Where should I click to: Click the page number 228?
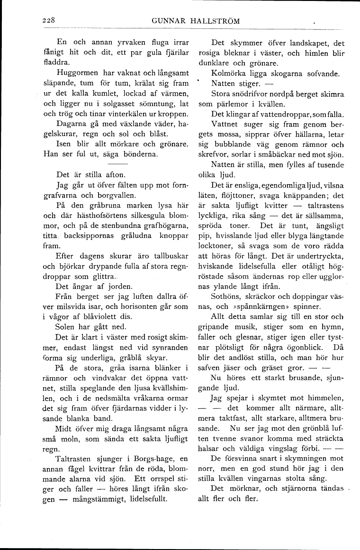(49, 20)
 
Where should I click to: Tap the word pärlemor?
(226, 104)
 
